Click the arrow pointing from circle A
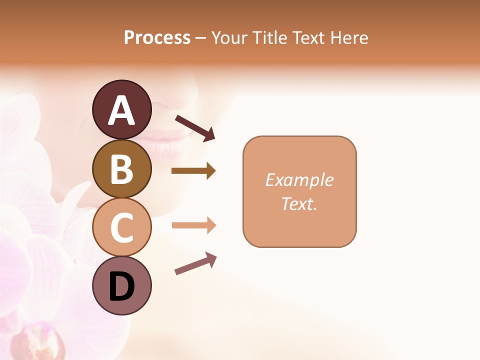pyautogui.click(x=195, y=127)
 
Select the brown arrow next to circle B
pyautogui.click(x=193, y=171)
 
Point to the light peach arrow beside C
pyautogui.click(x=193, y=225)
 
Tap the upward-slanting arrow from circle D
pyautogui.click(x=195, y=263)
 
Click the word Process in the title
pyautogui.click(x=157, y=38)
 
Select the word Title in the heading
pyautogui.click(x=270, y=38)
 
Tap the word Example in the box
pyautogui.click(x=299, y=180)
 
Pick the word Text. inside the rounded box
pyautogui.click(x=299, y=204)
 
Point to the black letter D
pyautogui.click(x=122, y=287)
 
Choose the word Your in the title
pyautogui.click(x=229, y=38)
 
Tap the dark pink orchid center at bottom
pyautogui.click(x=42, y=342)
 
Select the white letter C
pyautogui.click(x=121, y=228)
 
